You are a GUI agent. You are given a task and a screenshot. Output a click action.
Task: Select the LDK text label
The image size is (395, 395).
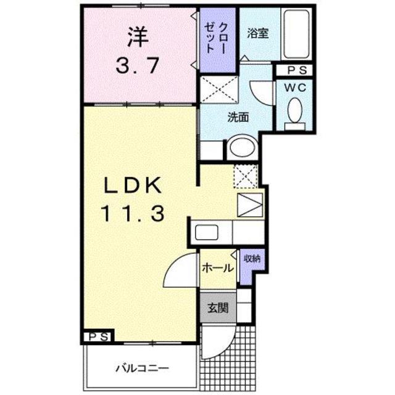(x=131, y=185)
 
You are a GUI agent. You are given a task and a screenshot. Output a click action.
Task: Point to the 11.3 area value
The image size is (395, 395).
(x=131, y=214)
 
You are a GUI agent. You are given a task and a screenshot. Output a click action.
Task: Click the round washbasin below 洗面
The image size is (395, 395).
(x=240, y=148)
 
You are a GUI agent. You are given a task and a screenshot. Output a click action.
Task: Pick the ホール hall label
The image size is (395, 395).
(x=218, y=268)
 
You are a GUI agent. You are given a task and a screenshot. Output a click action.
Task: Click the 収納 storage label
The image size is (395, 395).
(x=251, y=259)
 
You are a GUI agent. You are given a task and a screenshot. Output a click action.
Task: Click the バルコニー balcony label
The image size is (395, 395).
(x=141, y=369)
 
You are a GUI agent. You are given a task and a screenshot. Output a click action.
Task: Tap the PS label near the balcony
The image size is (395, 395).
(x=98, y=336)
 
